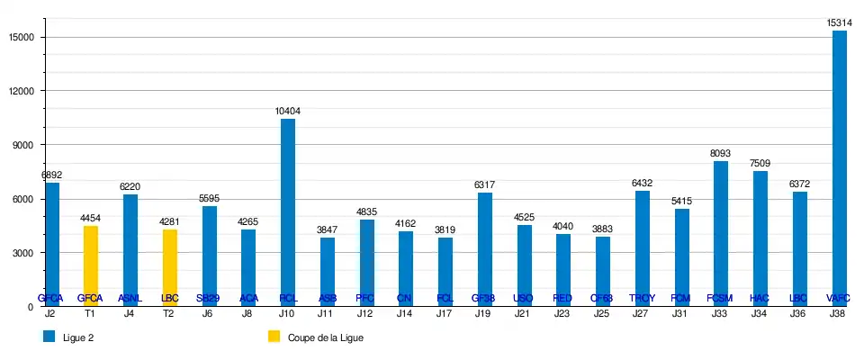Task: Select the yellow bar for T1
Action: [x=90, y=265]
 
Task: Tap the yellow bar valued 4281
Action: [x=169, y=267]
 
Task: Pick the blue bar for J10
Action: [x=287, y=212]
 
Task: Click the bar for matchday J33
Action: [x=720, y=233]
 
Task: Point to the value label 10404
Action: [x=287, y=112]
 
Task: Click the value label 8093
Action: [x=720, y=154]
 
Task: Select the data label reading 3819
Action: [x=445, y=230]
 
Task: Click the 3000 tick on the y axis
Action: [x=22, y=253]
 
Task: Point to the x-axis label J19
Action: [x=484, y=313]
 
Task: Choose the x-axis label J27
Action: [x=642, y=313]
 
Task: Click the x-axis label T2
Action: [x=169, y=313]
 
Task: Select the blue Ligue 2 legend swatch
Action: [x=49, y=337]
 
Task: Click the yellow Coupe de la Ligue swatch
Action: [x=274, y=337]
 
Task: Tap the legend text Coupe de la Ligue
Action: [x=325, y=337]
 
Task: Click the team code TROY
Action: [x=642, y=298]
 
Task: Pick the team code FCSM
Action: [x=720, y=298]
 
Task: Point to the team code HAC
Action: [x=760, y=298]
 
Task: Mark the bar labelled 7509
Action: [x=760, y=238]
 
